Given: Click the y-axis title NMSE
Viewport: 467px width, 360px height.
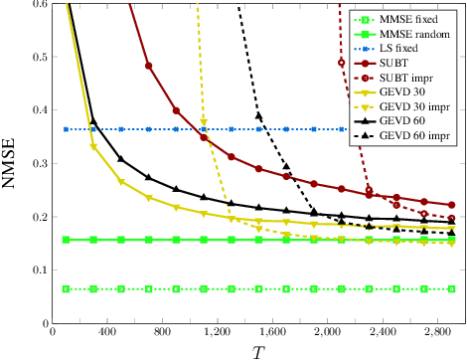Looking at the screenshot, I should (10, 163).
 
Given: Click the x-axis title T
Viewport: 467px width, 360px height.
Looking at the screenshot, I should (257, 351).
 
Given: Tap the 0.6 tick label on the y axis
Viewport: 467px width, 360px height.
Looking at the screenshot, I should (38, 4).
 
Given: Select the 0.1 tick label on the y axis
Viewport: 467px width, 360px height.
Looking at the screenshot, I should (38, 270).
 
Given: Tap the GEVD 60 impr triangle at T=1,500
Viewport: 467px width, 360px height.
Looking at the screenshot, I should (258, 116).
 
